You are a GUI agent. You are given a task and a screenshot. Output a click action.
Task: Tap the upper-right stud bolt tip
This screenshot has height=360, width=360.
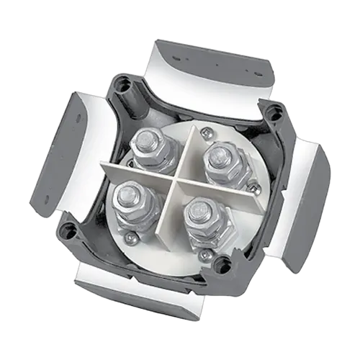(x=215, y=153)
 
